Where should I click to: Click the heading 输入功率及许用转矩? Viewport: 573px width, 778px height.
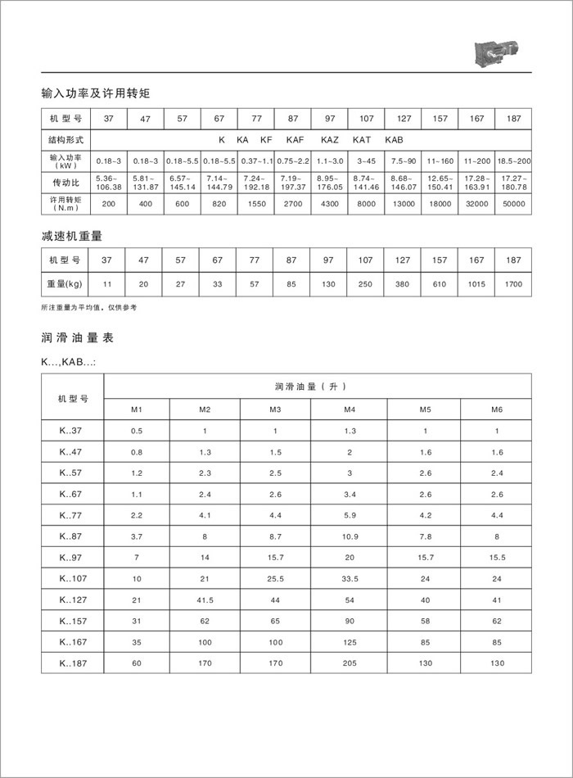pyautogui.click(x=95, y=93)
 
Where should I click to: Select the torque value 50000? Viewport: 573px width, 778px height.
pyautogui.click(x=513, y=201)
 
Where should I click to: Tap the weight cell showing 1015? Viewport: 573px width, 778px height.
pyautogui.click(x=476, y=283)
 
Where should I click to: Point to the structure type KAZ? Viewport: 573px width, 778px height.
pyautogui.click(x=330, y=140)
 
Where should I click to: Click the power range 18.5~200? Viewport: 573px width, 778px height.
pyautogui.click(x=513, y=160)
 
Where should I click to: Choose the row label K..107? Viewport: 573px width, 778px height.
pyautogui.click(x=73, y=579)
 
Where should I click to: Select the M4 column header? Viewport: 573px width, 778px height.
pyautogui.click(x=350, y=409)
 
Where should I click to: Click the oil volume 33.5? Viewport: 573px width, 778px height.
pyautogui.click(x=350, y=579)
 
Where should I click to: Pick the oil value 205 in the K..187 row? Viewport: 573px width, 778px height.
pyautogui.click(x=350, y=664)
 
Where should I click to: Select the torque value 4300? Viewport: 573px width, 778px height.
pyautogui.click(x=329, y=201)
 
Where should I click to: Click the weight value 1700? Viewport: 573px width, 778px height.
pyautogui.click(x=513, y=283)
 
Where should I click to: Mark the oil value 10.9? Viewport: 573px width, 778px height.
pyautogui.click(x=350, y=536)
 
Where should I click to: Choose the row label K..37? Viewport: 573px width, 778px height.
pyautogui.click(x=71, y=430)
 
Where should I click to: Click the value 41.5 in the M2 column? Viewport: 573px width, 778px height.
pyautogui.click(x=205, y=600)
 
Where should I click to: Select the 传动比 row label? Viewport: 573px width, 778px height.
pyautogui.click(x=65, y=180)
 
